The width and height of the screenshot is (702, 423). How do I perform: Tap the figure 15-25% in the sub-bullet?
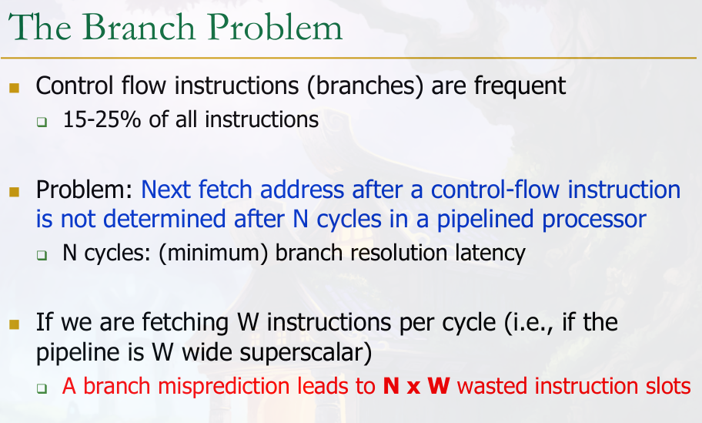click(102, 119)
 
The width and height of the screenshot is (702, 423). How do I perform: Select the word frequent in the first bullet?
click(520, 85)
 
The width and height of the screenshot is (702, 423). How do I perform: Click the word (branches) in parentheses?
click(366, 86)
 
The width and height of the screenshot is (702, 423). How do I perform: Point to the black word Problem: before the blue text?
click(85, 190)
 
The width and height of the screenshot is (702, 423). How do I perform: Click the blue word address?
click(303, 190)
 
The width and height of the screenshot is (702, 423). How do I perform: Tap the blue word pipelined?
click(485, 220)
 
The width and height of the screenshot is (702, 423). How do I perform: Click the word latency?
click(490, 253)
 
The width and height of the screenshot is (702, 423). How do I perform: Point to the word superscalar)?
click(306, 353)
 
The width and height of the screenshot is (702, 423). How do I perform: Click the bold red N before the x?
click(391, 386)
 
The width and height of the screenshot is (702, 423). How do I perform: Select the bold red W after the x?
click(439, 386)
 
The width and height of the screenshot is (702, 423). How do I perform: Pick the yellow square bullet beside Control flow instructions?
click(14, 87)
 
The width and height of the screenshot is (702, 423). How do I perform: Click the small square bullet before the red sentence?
click(42, 388)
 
